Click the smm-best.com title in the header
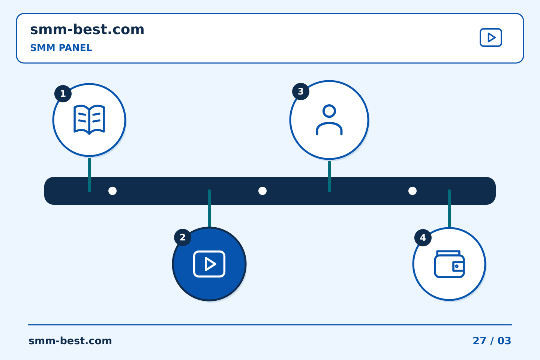87,30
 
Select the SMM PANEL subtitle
61,48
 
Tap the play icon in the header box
491,37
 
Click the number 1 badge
63,93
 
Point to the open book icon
89,120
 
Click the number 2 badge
183,237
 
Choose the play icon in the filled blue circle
209,264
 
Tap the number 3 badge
301,91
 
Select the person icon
329,120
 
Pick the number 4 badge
423,238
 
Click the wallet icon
449,264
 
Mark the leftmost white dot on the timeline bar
112,191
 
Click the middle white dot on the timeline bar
262,191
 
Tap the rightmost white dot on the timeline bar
412,191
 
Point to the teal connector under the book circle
89,175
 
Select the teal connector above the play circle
209,208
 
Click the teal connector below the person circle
329,177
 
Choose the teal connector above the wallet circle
449,208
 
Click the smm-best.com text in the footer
70,341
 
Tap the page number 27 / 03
492,341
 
